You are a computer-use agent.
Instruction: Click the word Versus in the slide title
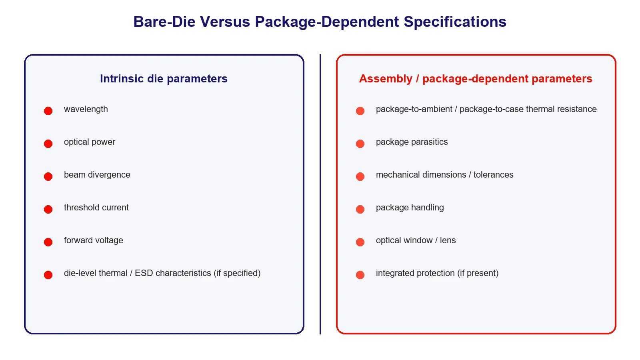(225, 22)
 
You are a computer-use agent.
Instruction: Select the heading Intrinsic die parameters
(164, 78)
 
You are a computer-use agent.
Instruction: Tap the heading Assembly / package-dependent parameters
(476, 78)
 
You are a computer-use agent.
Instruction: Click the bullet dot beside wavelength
(48, 111)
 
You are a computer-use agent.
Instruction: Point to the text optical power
(90, 142)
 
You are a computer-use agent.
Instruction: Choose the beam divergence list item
(97, 174)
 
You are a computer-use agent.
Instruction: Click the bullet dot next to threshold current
(48, 209)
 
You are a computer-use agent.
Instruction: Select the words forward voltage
(94, 240)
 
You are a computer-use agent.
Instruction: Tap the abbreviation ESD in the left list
(144, 273)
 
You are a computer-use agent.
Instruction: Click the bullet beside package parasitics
(360, 144)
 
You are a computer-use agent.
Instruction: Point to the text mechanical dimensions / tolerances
(444, 174)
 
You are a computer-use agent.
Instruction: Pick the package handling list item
(410, 208)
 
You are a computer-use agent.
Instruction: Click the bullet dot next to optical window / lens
(360, 242)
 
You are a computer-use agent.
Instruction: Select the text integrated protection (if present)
(437, 273)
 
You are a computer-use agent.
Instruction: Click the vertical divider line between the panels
(320, 194)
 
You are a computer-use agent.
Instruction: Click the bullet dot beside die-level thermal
(48, 275)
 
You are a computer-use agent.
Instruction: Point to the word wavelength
(86, 109)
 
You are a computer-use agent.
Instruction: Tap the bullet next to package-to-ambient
(360, 111)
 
